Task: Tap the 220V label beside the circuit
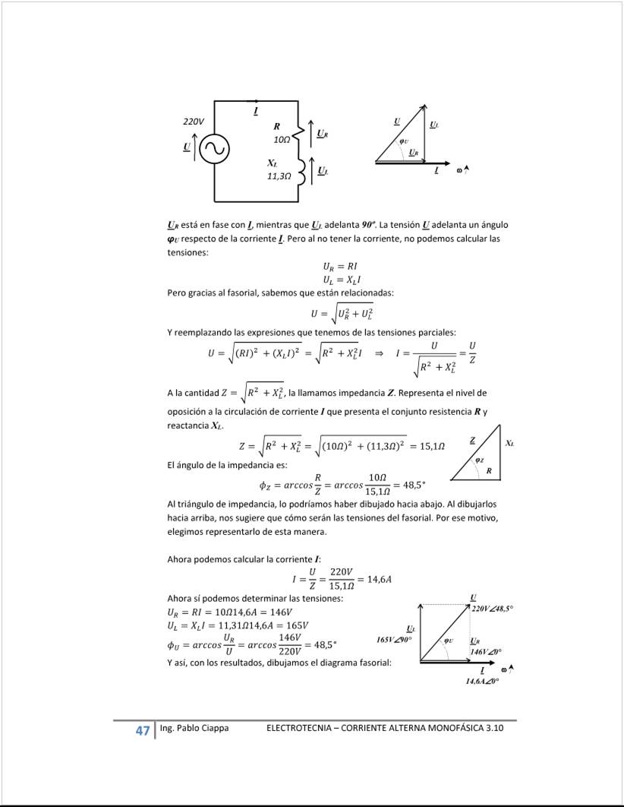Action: (194, 122)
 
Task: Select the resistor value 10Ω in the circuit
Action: (282, 141)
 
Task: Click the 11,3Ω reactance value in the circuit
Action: (279, 176)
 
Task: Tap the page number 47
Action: (142, 731)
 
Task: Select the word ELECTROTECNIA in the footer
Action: (298, 728)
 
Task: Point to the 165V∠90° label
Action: (393, 640)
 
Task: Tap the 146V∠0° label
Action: (485, 652)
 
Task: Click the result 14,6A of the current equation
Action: (379, 579)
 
